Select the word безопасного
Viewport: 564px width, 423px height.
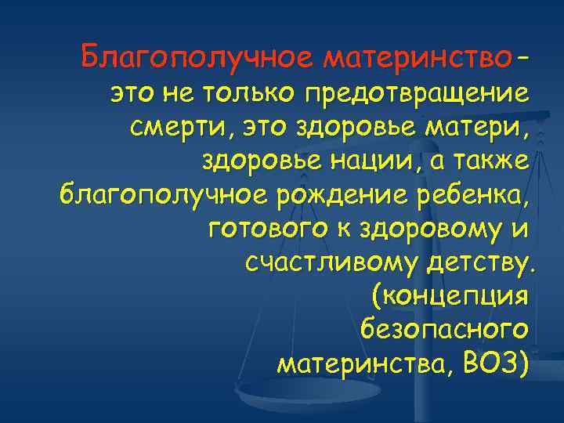(445, 330)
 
